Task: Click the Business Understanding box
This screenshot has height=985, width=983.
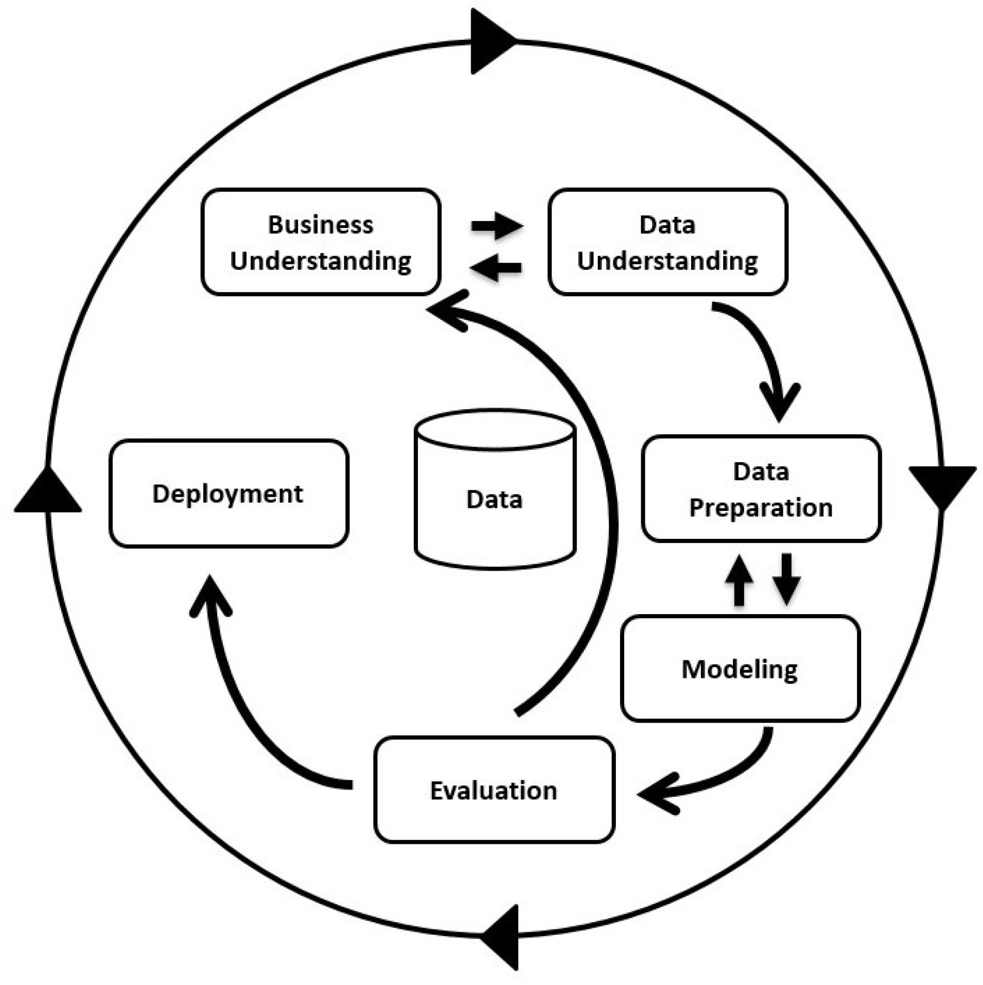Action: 321,242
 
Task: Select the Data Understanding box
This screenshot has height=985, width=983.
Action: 668,242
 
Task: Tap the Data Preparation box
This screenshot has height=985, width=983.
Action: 761,489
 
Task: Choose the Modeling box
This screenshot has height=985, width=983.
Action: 740,668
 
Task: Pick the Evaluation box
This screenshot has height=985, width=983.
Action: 494,789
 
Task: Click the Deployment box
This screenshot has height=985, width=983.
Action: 229,493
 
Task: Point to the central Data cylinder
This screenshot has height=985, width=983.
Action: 495,490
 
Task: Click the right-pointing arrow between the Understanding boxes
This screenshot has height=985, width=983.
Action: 497,226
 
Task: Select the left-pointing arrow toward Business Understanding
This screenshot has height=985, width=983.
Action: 496,268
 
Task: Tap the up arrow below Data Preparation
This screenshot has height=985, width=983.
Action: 739,580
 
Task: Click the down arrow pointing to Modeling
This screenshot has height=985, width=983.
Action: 787,579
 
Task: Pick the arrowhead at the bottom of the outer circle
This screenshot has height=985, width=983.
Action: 499,937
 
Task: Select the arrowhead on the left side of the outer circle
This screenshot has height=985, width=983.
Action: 48,490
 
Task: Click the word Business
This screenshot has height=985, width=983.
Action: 320,225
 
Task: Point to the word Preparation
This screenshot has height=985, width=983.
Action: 761,508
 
